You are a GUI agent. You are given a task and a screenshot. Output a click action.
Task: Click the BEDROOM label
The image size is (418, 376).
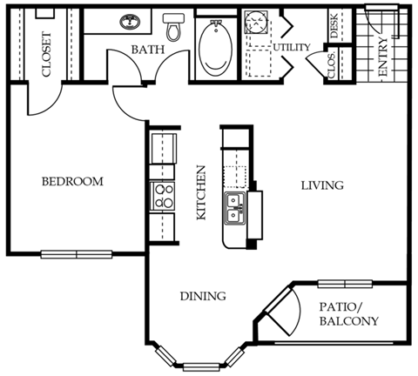(72, 182)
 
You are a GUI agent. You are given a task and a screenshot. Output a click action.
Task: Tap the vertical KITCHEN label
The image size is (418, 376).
(201, 192)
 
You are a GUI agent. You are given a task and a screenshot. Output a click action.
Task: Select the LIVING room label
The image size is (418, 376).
(322, 185)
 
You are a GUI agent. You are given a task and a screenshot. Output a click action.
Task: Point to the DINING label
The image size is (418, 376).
(204, 296)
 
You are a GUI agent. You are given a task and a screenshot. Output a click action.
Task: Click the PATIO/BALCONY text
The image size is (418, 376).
(348, 314)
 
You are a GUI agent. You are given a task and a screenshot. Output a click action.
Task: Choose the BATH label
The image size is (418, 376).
(147, 50)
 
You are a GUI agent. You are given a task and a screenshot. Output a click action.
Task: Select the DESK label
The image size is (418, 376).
(334, 27)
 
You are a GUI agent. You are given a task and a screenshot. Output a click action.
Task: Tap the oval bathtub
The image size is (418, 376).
(214, 50)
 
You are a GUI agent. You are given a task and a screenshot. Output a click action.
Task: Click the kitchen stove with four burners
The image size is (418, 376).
(162, 196)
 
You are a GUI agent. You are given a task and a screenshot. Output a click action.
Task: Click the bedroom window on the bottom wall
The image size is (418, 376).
(77, 254)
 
